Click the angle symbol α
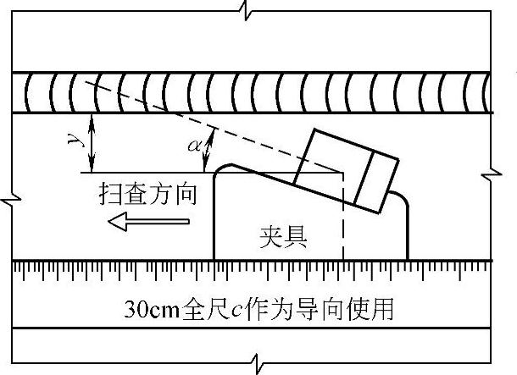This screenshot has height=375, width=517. point(193,146)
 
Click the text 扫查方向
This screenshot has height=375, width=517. point(147,195)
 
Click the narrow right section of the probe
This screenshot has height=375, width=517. point(376,181)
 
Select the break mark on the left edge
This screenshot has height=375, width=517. point(8,199)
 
